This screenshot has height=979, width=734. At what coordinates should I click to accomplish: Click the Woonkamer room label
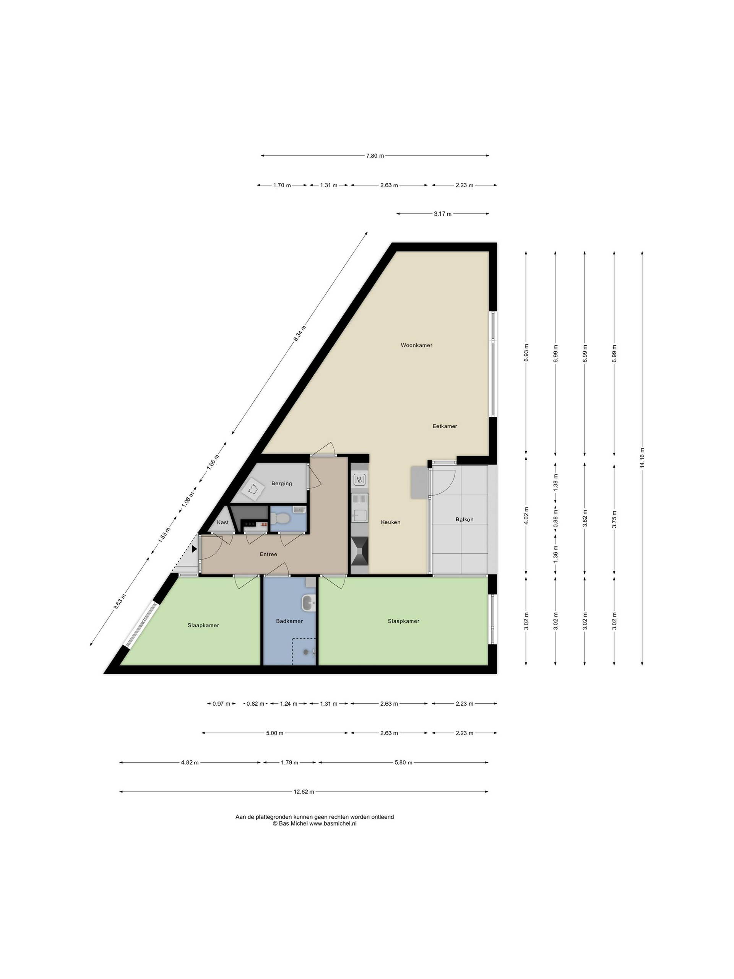pos(416,345)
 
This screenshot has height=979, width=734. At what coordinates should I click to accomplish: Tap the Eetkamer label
pos(445,426)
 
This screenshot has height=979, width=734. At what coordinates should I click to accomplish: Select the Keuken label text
pos(390,522)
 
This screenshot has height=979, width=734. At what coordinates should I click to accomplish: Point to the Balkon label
pos(464,519)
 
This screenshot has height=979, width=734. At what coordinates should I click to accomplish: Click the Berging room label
pos(281,483)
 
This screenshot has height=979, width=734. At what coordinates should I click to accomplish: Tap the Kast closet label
pos(223,522)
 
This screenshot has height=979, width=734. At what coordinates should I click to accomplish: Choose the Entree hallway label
pos(268,554)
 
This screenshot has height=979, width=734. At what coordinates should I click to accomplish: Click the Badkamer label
pos(289,621)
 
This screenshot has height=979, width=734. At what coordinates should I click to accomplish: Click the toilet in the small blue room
pos(281,518)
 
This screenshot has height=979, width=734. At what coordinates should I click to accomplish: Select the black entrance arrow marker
pos(194,549)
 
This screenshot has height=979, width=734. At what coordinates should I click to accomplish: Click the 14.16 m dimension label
pos(642,458)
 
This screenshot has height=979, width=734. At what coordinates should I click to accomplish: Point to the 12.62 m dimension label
pos(304,792)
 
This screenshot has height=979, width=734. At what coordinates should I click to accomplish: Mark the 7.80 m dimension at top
pos(375,156)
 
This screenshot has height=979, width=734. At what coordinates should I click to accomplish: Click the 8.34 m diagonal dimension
pos(300,333)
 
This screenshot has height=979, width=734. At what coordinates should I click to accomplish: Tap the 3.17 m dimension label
pos(442,214)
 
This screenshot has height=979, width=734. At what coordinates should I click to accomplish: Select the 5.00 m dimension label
pos(274,733)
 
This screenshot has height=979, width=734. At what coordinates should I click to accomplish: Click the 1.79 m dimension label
pos(289,762)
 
